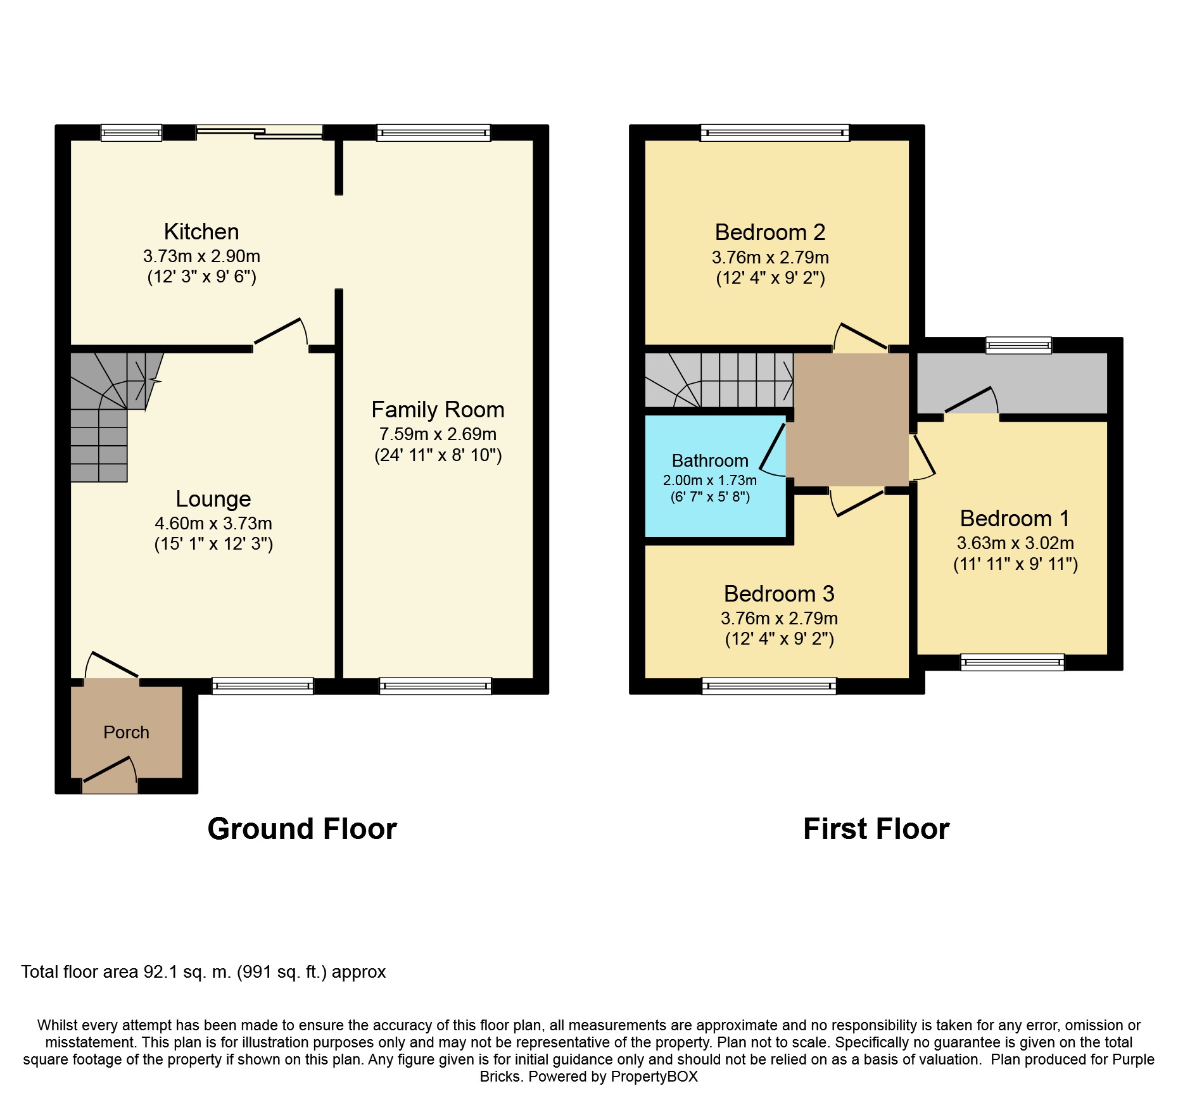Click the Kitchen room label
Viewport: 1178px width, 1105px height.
[x=201, y=232]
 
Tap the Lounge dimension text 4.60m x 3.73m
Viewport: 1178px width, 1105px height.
[x=213, y=524]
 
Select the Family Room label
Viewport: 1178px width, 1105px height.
[x=438, y=410]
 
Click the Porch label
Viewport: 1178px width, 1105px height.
[x=126, y=733]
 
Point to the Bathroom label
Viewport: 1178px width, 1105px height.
[x=710, y=460]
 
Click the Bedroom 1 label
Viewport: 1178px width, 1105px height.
[x=1015, y=519]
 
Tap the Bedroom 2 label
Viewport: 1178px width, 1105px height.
[x=770, y=232]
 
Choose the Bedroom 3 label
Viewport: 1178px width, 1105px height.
[x=779, y=594]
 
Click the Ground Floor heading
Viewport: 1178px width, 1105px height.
[x=302, y=829]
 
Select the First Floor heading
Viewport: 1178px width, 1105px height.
[x=876, y=829]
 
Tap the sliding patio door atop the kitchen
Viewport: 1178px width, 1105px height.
[x=260, y=132]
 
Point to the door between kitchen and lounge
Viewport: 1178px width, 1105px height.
[x=281, y=334]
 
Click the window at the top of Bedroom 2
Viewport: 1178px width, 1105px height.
[x=775, y=132]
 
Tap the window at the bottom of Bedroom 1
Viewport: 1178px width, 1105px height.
[x=1012, y=662]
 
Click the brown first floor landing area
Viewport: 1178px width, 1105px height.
[x=851, y=419]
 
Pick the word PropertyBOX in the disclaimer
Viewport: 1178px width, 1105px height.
[x=654, y=1077]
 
